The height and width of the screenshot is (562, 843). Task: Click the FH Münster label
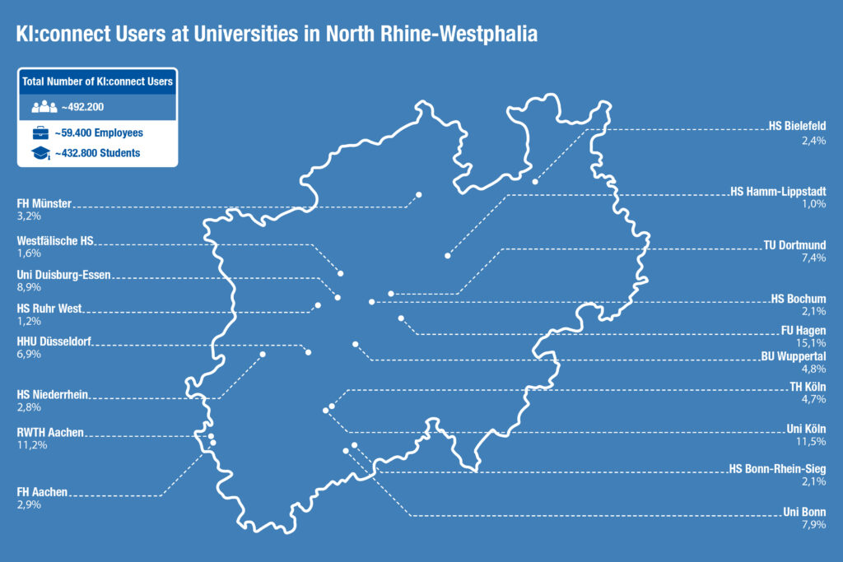(x=44, y=202)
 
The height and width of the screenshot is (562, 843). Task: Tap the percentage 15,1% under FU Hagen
(x=813, y=342)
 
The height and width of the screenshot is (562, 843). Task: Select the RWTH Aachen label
(x=50, y=432)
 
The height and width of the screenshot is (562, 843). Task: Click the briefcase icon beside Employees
(x=40, y=132)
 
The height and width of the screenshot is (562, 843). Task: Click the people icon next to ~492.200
(x=44, y=107)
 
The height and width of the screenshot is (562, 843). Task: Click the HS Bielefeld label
(x=797, y=126)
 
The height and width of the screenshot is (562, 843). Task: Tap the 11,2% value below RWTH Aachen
(x=31, y=445)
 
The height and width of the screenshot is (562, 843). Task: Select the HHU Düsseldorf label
(x=54, y=341)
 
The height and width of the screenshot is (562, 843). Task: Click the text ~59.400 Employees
(x=99, y=132)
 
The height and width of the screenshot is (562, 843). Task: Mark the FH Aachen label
(x=42, y=492)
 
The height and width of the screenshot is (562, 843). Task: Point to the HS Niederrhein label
(x=53, y=394)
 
